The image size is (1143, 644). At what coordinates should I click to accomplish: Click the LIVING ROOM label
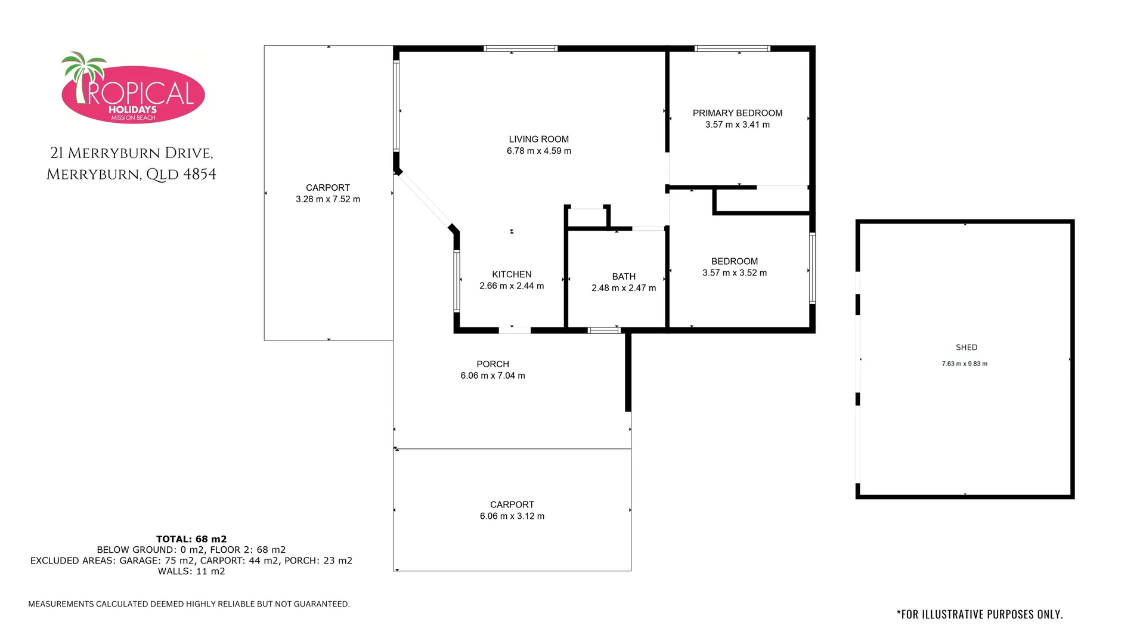coord(538,140)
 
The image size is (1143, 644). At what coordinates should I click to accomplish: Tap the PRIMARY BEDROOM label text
coord(737,113)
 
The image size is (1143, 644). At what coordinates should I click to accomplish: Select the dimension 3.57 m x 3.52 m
coord(734,273)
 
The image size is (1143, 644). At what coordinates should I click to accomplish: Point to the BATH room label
coord(624,277)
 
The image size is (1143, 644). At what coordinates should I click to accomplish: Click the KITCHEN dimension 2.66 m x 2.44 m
coord(512,286)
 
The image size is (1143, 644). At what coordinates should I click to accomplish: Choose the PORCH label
coord(492,364)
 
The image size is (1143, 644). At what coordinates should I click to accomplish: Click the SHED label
coord(966,348)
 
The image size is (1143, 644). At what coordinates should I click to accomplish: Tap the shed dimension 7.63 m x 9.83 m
coord(964,364)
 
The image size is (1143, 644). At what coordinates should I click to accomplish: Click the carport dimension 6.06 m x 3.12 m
coord(512,516)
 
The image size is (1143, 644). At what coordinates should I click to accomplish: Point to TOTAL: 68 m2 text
coord(191,539)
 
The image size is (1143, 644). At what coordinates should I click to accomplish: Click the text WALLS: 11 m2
coord(191,571)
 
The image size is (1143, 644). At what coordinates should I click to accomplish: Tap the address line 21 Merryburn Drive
coord(131,154)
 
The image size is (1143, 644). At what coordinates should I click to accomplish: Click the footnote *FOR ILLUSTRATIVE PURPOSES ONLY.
coord(980,614)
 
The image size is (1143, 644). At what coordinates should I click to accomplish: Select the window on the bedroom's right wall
coord(812,268)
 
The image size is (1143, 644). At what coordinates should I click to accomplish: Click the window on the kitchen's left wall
coord(457,281)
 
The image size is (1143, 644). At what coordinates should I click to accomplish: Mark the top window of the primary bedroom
coord(732,49)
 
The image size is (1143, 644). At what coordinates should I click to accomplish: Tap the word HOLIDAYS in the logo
coord(132,110)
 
